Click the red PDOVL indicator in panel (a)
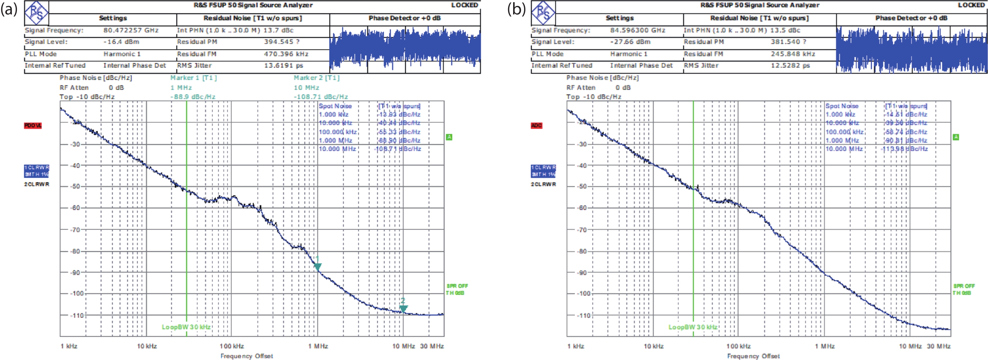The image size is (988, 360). (x=33, y=126)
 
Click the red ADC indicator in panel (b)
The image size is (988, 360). (x=537, y=126)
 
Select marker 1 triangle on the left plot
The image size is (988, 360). (x=317, y=266)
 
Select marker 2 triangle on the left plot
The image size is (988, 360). (x=403, y=308)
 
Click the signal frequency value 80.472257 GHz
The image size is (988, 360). (x=131, y=30)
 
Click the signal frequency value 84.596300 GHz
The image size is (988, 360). (x=637, y=30)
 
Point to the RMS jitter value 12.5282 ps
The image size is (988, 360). (x=790, y=66)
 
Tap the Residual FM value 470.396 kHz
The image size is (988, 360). (x=286, y=54)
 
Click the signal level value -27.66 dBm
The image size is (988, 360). (x=630, y=42)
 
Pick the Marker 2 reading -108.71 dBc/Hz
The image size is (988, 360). (x=321, y=97)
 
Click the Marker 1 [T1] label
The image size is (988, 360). (x=194, y=78)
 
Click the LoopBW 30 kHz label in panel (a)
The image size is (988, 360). (x=186, y=327)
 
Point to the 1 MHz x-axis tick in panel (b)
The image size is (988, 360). (x=825, y=346)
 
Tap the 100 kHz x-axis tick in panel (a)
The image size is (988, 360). (x=232, y=346)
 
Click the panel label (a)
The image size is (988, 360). (x=9, y=9)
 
